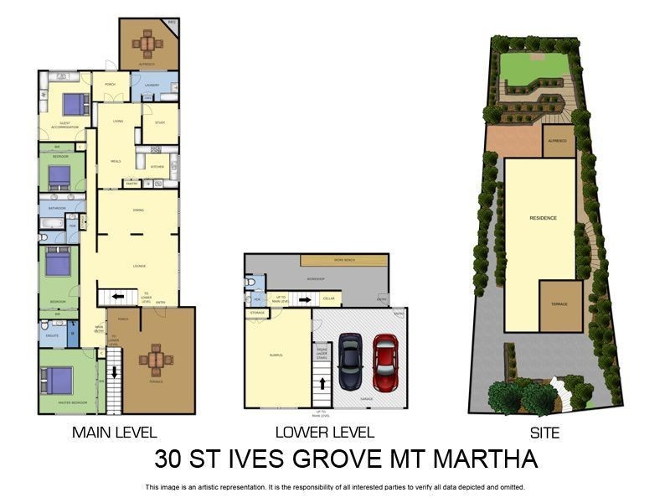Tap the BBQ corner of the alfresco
[x=173, y=23]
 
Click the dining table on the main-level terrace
[x=156, y=359]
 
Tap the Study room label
[x=160, y=122]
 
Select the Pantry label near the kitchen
[x=131, y=183]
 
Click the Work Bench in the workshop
[x=344, y=260]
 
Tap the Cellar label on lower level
[x=328, y=298]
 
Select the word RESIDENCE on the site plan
[x=543, y=218]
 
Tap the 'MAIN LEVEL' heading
[x=115, y=433]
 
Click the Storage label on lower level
[x=256, y=313]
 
